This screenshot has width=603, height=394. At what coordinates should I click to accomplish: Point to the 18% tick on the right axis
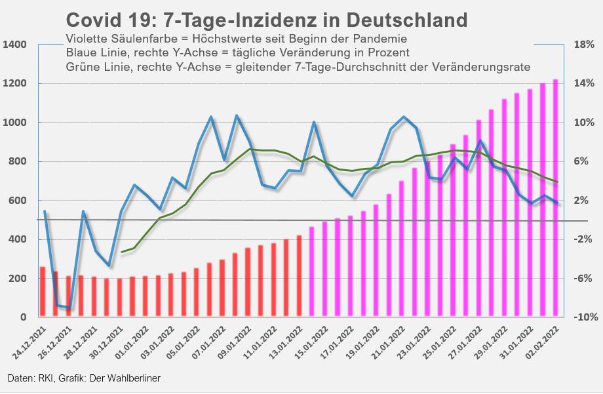click(x=584, y=45)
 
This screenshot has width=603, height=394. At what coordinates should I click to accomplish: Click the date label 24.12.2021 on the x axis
click(x=33, y=341)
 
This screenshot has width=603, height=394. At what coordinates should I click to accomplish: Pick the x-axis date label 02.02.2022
click(x=545, y=341)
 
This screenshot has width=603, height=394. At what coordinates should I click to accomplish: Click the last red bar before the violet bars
click(x=299, y=276)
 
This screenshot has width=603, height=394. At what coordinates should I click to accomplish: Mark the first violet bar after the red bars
click(x=312, y=272)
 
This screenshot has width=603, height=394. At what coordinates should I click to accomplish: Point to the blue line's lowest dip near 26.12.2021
click(x=69, y=307)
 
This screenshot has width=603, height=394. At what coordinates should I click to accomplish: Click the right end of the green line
click(x=557, y=182)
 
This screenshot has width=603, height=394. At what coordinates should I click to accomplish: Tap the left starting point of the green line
click(x=122, y=252)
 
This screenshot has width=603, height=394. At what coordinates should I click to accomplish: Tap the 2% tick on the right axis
click(x=585, y=201)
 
